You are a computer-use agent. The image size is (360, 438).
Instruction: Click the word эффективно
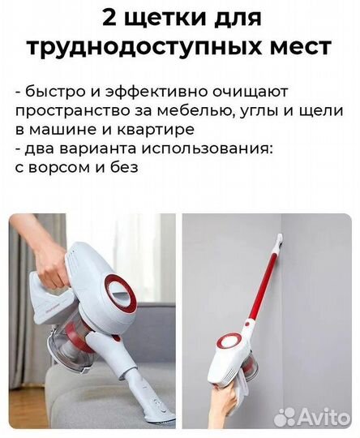click(x=146, y=92)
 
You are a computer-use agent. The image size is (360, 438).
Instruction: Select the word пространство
click(x=73, y=110)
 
